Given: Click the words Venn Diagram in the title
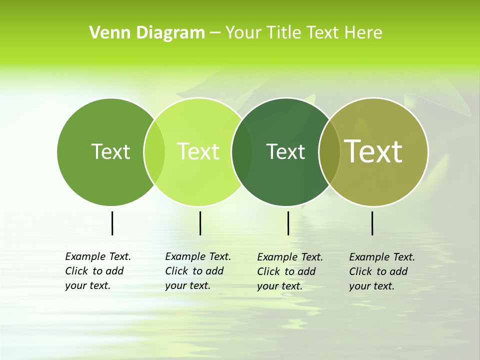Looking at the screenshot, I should point(147,33).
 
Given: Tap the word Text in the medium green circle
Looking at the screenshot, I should point(110,151).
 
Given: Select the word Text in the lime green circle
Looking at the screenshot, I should point(198,151).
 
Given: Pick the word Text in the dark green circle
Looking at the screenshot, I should point(285,151).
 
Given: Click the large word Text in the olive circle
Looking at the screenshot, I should point(373,151).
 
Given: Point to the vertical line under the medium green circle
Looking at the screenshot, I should point(112,223).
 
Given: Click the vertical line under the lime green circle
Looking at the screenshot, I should point(200,223).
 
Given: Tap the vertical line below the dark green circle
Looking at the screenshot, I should point(288,223).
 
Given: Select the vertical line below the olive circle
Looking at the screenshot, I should point(372,223).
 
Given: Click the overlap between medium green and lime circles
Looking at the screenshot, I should point(154,152).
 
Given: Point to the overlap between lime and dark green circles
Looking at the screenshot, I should point(242,152).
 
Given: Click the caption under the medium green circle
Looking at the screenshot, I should point(97,271).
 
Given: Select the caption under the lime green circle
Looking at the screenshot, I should point(197,271).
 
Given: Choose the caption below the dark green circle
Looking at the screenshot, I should point(289,271).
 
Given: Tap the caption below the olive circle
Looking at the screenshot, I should point(381,271).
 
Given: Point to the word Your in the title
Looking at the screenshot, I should point(243,33).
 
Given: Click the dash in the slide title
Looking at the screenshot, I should point(215,33).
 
